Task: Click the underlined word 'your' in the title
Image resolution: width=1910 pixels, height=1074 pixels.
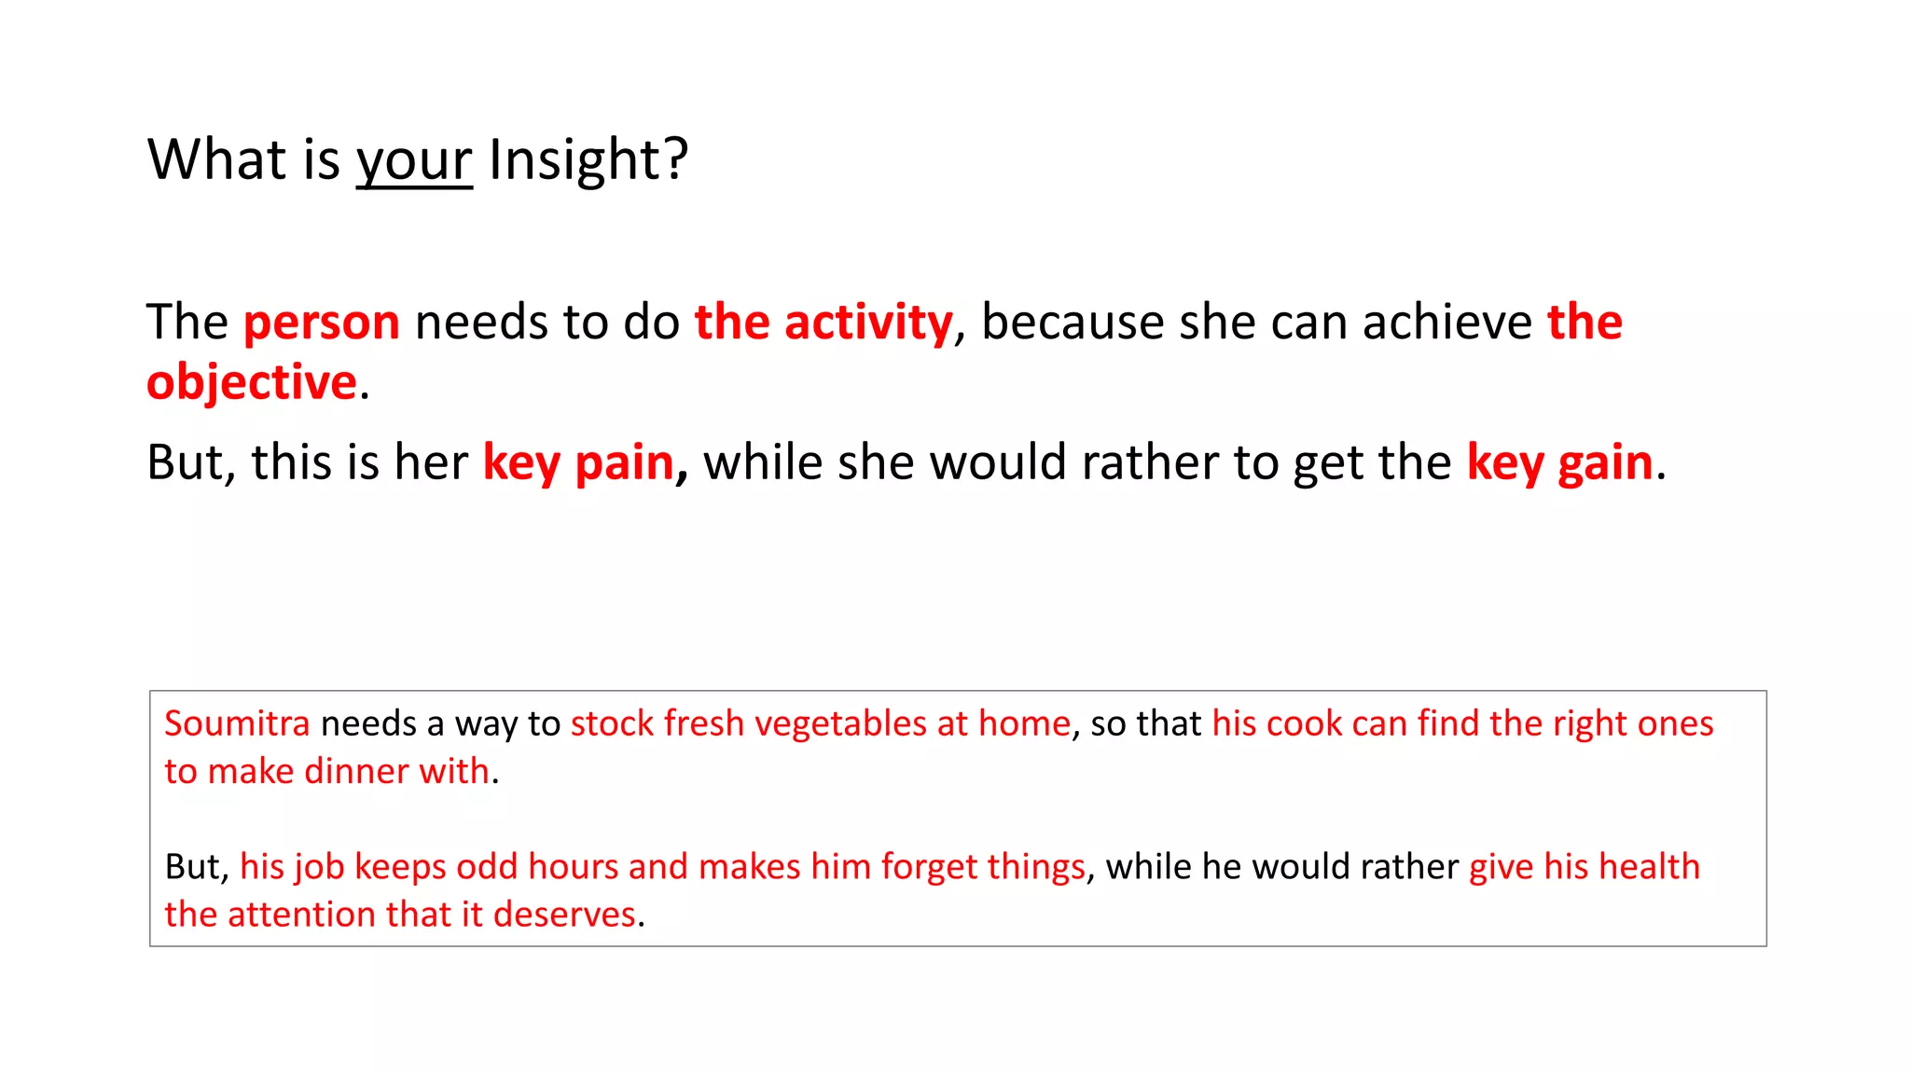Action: coord(414,160)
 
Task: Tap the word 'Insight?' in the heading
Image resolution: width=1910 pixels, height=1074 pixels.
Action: coord(588,160)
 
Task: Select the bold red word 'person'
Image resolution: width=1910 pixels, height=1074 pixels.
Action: coord(322,323)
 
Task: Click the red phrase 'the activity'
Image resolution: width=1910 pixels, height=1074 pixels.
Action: coord(824,323)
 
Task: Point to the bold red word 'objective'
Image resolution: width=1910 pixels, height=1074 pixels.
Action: coord(252,383)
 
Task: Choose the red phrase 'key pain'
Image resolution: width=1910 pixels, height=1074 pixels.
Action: coord(578,462)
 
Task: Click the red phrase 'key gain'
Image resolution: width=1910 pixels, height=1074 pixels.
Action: coord(1559,462)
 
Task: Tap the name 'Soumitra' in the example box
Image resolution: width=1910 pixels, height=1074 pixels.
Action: coord(237,724)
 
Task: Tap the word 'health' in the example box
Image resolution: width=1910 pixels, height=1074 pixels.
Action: coord(1649,867)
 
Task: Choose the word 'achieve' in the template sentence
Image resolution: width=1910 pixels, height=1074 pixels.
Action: coord(1446,323)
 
